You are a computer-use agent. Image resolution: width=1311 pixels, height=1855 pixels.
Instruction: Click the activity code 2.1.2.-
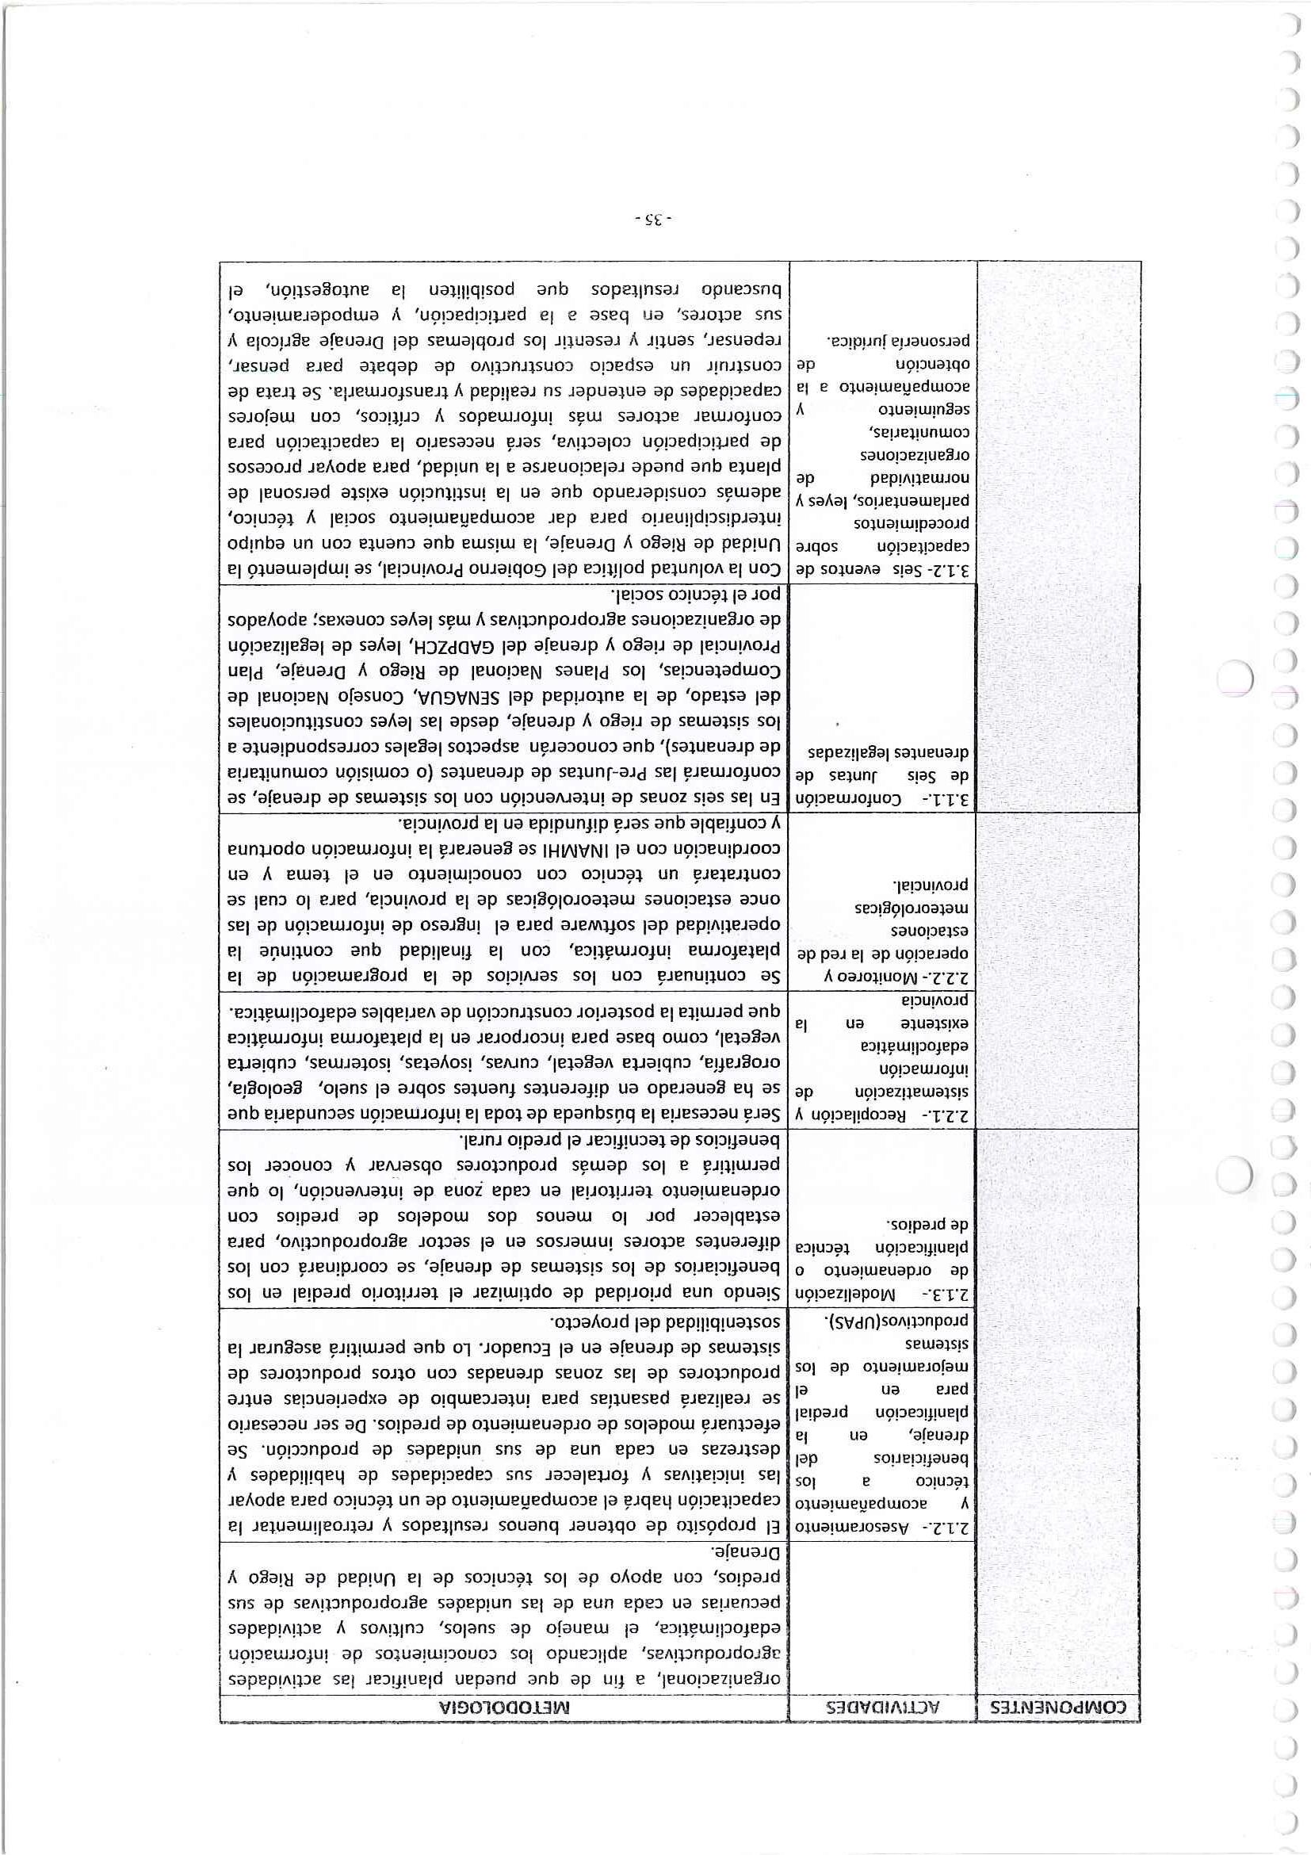(954, 1528)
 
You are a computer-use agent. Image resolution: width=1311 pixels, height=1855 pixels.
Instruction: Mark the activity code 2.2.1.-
(954, 1113)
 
